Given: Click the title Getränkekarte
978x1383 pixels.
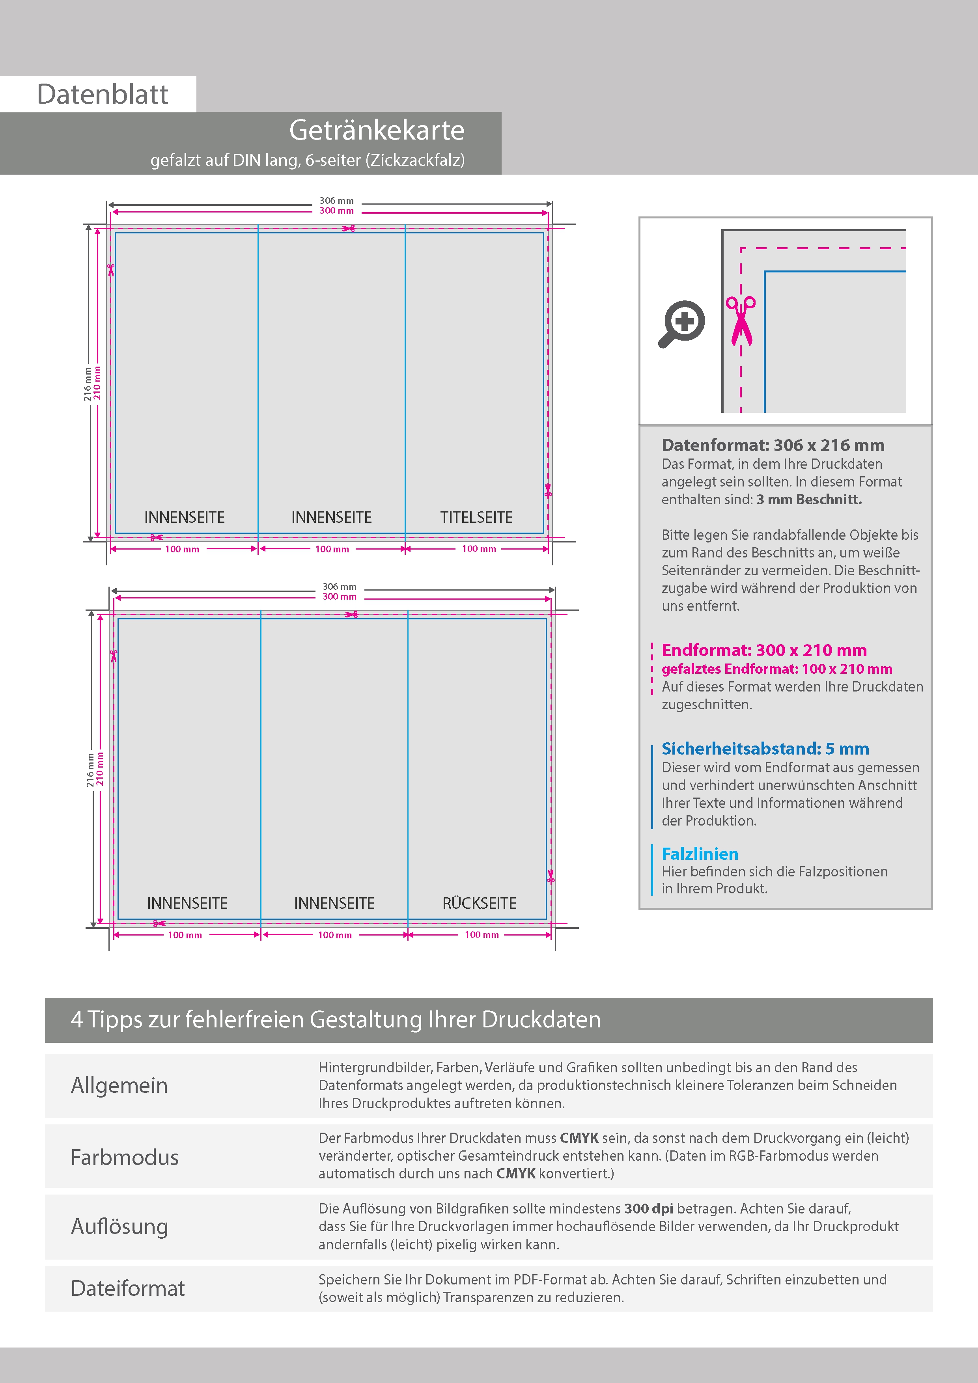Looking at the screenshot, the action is (377, 130).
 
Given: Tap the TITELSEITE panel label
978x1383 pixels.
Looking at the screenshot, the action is (476, 517).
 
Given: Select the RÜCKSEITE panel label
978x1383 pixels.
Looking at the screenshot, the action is (479, 904).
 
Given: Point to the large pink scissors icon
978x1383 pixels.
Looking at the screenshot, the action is (741, 321).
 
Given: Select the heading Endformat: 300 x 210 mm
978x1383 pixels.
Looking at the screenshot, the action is (764, 650).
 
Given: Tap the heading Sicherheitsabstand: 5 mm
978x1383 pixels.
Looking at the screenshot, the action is (765, 749).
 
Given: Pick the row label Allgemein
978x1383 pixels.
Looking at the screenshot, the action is (119, 1085).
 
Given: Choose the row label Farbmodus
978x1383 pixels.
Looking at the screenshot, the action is (125, 1157).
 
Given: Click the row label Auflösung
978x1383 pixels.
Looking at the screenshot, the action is (119, 1226).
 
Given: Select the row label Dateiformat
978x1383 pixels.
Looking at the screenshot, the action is (128, 1288).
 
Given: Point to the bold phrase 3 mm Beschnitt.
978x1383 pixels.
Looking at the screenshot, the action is (809, 500).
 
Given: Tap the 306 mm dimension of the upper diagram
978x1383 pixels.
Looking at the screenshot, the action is (336, 201).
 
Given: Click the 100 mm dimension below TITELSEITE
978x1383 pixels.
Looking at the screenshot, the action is (479, 549).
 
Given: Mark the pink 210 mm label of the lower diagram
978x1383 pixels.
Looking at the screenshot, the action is (100, 769).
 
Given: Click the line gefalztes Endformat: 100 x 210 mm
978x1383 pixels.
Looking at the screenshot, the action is (777, 669).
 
